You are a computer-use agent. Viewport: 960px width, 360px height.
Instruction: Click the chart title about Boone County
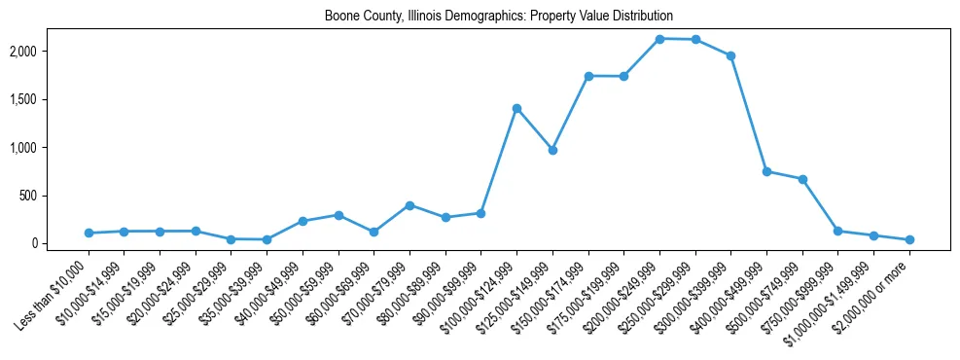tap(499, 17)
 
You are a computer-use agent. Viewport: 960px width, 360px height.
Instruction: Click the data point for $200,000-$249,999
tap(659, 39)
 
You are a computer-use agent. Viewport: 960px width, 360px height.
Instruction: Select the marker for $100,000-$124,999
tap(516, 108)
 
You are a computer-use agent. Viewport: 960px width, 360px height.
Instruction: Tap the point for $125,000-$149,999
tap(552, 150)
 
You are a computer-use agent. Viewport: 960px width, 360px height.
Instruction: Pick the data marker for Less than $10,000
tap(89, 233)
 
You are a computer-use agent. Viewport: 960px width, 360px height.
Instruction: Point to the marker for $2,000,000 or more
tap(909, 239)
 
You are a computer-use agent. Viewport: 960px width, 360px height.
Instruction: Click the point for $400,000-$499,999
tap(766, 171)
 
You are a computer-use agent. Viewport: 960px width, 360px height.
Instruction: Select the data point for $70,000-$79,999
tap(409, 205)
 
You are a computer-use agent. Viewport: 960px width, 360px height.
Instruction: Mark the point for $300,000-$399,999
tap(730, 55)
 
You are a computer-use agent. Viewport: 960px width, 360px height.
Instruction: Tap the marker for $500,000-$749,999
tap(802, 179)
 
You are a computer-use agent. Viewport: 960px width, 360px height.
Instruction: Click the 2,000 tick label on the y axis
tap(50, 51)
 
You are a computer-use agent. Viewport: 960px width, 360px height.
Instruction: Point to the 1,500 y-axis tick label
tap(50, 99)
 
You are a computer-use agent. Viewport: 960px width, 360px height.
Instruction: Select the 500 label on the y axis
tap(54, 196)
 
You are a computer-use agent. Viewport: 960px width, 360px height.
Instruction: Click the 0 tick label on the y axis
tap(60, 243)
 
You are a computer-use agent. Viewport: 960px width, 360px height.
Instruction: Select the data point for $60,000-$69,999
tap(373, 232)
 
